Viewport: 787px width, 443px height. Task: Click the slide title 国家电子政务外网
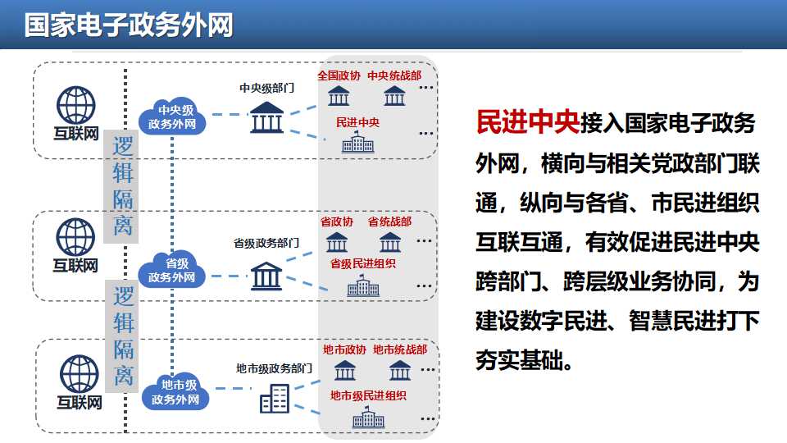pyautogui.click(x=129, y=25)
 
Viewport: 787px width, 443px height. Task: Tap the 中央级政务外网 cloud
pyautogui.click(x=172, y=116)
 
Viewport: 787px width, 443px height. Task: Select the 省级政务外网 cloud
pyautogui.click(x=171, y=270)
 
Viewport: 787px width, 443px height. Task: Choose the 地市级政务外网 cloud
pyautogui.click(x=175, y=392)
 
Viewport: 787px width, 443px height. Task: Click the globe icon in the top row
pyautogui.click(x=75, y=105)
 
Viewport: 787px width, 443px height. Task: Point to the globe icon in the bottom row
pyautogui.click(x=80, y=374)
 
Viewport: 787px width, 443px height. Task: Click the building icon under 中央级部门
pyautogui.click(x=266, y=117)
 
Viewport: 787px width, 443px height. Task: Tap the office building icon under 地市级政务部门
pyautogui.click(x=275, y=399)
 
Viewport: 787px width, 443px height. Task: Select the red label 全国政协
pyautogui.click(x=339, y=75)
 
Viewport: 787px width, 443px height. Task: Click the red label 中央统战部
pyautogui.click(x=394, y=75)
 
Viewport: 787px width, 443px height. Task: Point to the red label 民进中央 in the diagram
pyautogui.click(x=358, y=122)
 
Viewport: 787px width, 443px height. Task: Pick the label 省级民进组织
pyautogui.click(x=363, y=263)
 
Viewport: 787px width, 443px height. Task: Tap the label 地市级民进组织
pyautogui.click(x=368, y=395)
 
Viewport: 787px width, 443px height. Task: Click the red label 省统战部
pyautogui.click(x=389, y=221)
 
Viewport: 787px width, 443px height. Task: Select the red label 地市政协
pyautogui.click(x=345, y=349)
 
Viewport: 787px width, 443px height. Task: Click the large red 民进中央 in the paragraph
pyautogui.click(x=528, y=122)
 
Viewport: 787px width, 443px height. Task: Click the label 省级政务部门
pyautogui.click(x=266, y=243)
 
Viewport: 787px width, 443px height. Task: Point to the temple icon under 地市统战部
pyautogui.click(x=400, y=370)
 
